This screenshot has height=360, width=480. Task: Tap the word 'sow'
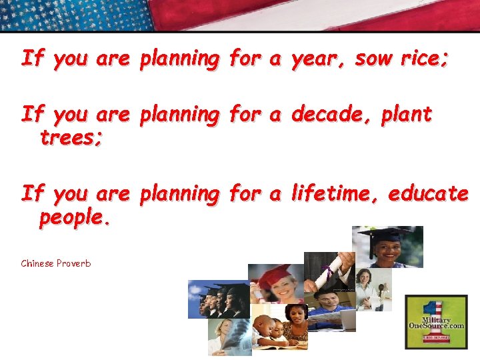coord(374,59)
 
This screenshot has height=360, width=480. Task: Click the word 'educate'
coord(428,193)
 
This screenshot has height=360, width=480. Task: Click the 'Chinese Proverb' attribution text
coord(56,263)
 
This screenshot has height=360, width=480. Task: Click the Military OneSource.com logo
coord(437,321)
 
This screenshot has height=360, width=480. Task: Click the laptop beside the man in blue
coord(347,320)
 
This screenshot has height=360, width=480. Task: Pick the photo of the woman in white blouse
coord(374,289)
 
